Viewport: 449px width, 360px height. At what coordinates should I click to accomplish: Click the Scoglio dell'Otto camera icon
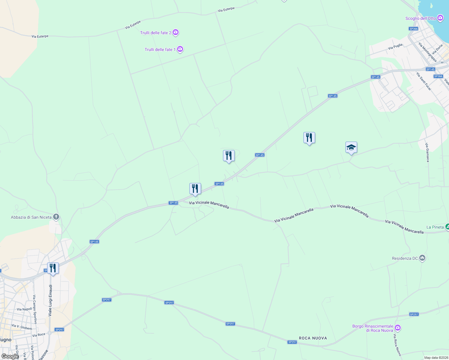(x=440, y=18)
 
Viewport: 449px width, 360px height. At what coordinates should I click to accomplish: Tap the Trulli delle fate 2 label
(x=155, y=33)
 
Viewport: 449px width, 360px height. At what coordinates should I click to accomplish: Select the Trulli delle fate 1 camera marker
(x=180, y=49)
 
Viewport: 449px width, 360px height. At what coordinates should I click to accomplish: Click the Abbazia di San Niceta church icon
(x=56, y=217)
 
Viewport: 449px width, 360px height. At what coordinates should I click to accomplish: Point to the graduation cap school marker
(x=351, y=148)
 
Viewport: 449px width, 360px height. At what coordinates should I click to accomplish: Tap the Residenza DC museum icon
(x=422, y=258)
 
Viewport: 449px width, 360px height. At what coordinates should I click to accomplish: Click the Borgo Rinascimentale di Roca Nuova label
(x=373, y=328)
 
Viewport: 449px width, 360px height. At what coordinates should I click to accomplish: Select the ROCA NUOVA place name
(x=313, y=338)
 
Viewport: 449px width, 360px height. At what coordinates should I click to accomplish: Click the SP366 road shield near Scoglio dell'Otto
(x=413, y=29)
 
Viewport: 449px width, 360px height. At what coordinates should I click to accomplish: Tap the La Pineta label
(x=435, y=227)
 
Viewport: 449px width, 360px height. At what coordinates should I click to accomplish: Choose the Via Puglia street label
(x=395, y=47)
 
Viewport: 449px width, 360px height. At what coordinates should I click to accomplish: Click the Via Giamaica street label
(x=427, y=152)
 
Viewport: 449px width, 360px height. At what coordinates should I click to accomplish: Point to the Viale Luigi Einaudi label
(x=50, y=300)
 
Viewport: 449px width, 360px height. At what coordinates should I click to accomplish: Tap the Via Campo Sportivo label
(x=35, y=309)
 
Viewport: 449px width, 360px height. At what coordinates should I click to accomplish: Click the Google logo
(x=10, y=356)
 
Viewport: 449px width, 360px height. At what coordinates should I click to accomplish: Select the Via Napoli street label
(x=24, y=309)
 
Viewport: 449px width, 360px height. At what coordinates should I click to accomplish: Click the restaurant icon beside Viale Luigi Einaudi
(x=53, y=268)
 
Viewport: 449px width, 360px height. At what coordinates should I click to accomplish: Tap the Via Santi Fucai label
(x=424, y=81)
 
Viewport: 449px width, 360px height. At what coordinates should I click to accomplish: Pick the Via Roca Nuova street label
(x=397, y=345)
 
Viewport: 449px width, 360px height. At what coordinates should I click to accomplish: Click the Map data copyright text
(x=436, y=358)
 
